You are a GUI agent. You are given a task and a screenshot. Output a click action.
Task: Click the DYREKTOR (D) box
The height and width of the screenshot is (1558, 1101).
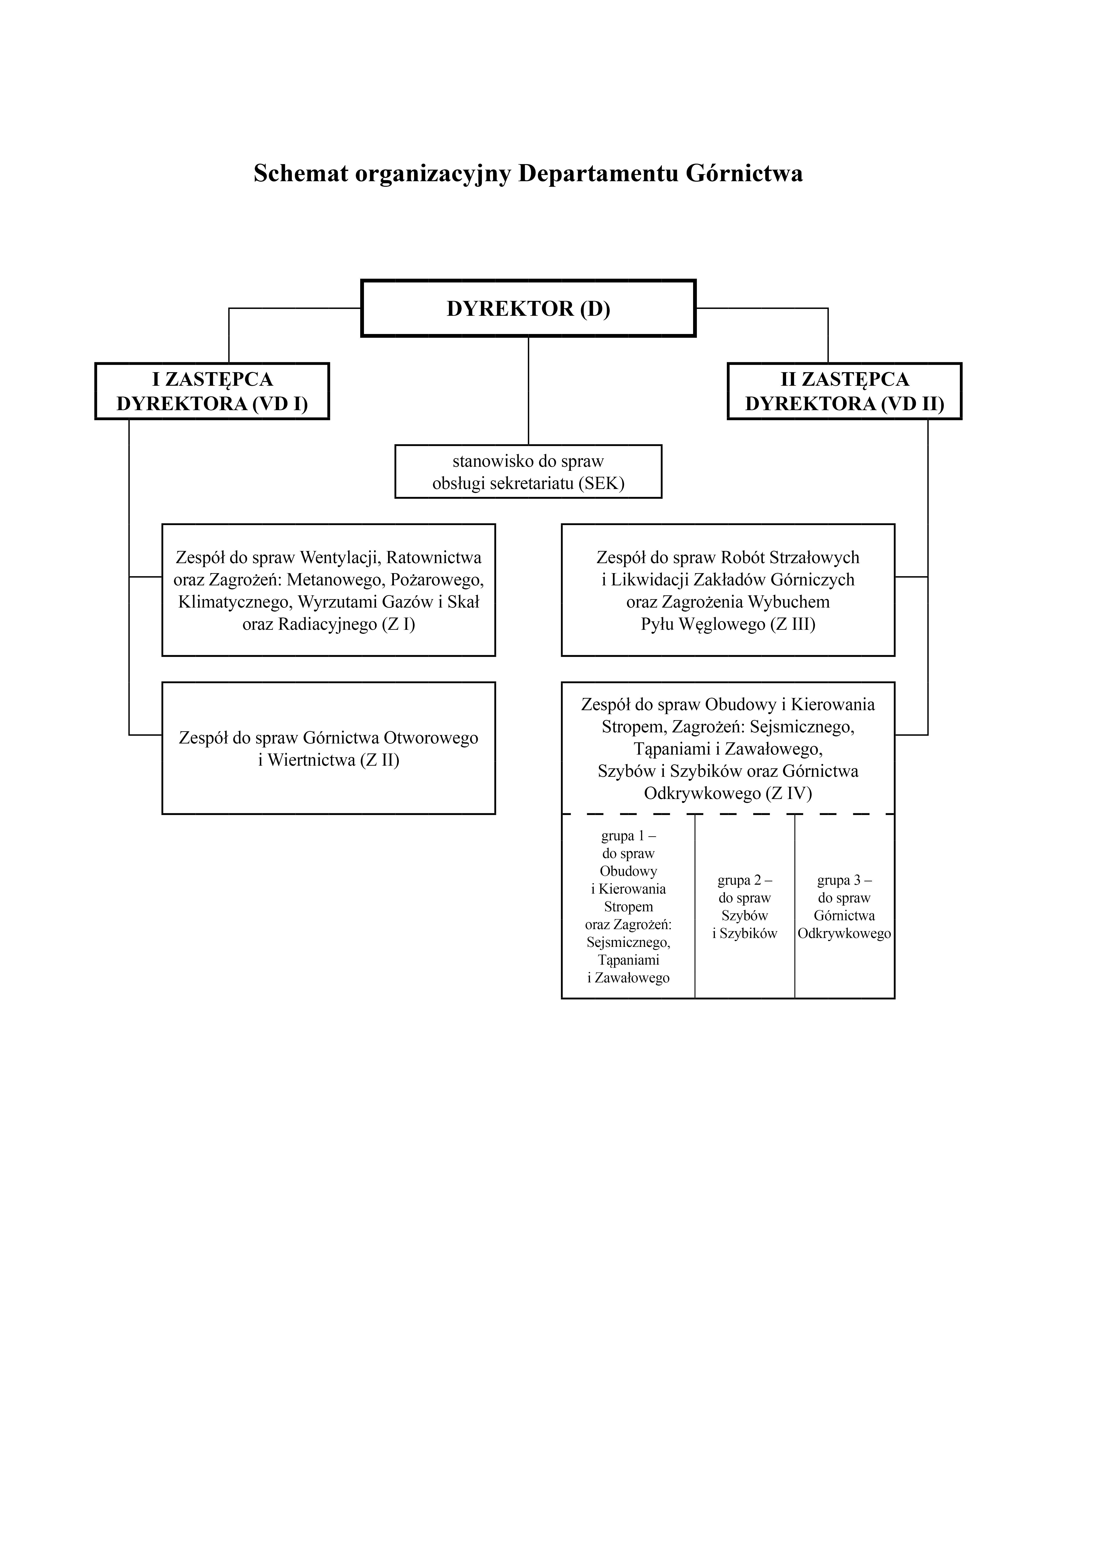(x=528, y=308)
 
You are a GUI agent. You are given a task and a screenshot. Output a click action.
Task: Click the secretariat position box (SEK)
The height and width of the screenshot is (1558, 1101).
(x=528, y=472)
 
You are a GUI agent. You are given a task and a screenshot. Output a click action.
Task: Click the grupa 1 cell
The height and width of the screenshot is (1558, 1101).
(x=628, y=906)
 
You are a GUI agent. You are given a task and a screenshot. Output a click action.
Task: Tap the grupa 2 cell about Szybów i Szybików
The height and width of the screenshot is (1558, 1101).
(x=745, y=906)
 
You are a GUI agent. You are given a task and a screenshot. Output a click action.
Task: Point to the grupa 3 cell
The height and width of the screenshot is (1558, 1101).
(x=845, y=906)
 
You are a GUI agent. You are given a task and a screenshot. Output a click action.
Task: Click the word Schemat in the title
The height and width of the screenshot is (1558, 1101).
(x=300, y=174)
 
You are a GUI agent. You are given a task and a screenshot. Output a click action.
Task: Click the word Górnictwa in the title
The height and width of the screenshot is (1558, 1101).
(x=744, y=174)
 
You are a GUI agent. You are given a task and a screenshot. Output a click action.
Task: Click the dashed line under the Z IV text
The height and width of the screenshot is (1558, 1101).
(x=728, y=814)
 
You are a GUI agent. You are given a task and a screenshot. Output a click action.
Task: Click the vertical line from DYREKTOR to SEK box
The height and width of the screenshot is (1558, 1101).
(x=528, y=391)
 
